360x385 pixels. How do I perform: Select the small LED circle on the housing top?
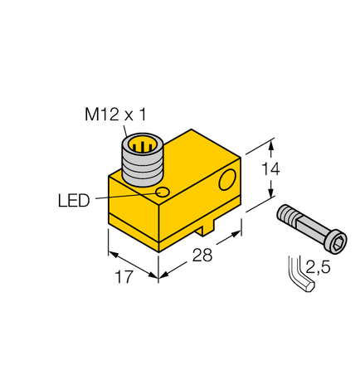pos(163,193)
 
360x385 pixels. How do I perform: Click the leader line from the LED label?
pos(124,197)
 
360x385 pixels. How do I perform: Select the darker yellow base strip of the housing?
pos(133,227)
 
